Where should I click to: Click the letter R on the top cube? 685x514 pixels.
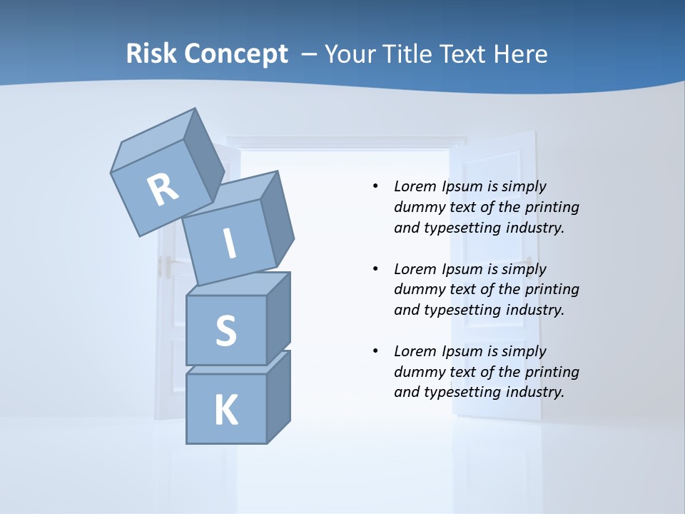[x=163, y=190]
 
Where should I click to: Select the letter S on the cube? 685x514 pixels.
[x=225, y=331]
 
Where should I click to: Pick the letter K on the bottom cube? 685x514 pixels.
[x=226, y=410]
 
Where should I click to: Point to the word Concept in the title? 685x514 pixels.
[x=235, y=54]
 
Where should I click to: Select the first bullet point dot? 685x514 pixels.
[x=375, y=186]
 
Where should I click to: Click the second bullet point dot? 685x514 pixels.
[x=375, y=269]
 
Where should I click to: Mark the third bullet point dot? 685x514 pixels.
[x=375, y=351]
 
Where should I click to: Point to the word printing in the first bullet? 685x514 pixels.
[x=552, y=207]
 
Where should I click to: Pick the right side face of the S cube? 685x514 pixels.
[x=278, y=318]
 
